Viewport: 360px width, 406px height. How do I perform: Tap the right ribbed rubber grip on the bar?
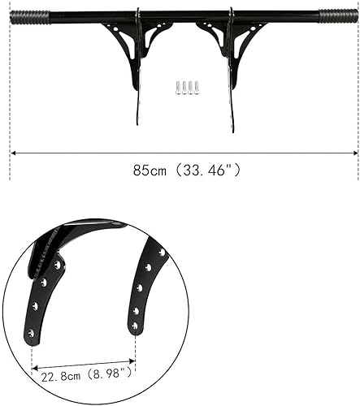[x=338, y=15]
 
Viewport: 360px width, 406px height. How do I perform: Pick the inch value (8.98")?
[x=108, y=375]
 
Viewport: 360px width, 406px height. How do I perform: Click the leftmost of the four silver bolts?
[x=178, y=88]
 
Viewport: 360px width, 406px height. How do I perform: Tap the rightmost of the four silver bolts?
[x=197, y=87]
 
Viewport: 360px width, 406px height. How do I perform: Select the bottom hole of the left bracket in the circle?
[x=31, y=332]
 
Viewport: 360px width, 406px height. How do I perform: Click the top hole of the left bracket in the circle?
[x=58, y=265]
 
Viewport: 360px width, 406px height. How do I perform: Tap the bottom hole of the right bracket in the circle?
[x=135, y=326]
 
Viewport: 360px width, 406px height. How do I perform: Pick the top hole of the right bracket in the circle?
[x=161, y=253]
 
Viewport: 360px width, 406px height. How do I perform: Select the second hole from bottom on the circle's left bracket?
[x=35, y=305]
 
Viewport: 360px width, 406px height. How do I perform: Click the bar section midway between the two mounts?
[x=184, y=14]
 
